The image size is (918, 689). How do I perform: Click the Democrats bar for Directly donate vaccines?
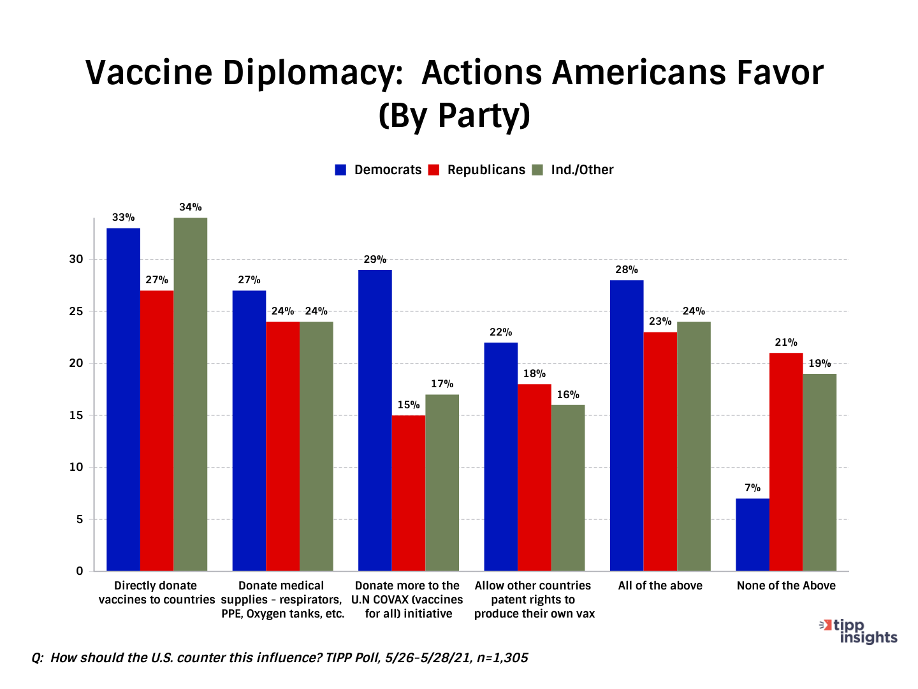pyautogui.click(x=123, y=399)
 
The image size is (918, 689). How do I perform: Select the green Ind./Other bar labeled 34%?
pyautogui.click(x=191, y=394)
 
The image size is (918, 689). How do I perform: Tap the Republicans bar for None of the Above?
pyautogui.click(x=786, y=462)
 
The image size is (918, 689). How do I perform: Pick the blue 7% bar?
pyautogui.click(x=752, y=535)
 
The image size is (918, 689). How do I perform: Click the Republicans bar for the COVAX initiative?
pyautogui.click(x=409, y=493)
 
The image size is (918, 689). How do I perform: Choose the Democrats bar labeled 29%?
pyautogui.click(x=375, y=420)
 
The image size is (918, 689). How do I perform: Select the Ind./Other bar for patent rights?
pyautogui.click(x=568, y=488)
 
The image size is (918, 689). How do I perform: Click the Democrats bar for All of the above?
pyautogui.click(x=627, y=426)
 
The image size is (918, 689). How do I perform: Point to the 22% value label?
pyautogui.click(x=501, y=332)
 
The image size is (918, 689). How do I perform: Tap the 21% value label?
pyautogui.click(x=786, y=343)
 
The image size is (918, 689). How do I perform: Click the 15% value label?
pyautogui.click(x=409, y=405)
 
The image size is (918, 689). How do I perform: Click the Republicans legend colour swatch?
pyautogui.click(x=434, y=170)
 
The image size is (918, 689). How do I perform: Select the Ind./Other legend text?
pyautogui.click(x=582, y=170)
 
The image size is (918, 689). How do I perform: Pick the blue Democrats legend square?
pyautogui.click(x=341, y=170)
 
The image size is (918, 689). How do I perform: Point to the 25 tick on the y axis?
pyautogui.click(x=76, y=312)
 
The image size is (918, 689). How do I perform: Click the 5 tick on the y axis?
pyautogui.click(x=80, y=519)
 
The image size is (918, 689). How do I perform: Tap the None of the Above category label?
pyautogui.click(x=786, y=586)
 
